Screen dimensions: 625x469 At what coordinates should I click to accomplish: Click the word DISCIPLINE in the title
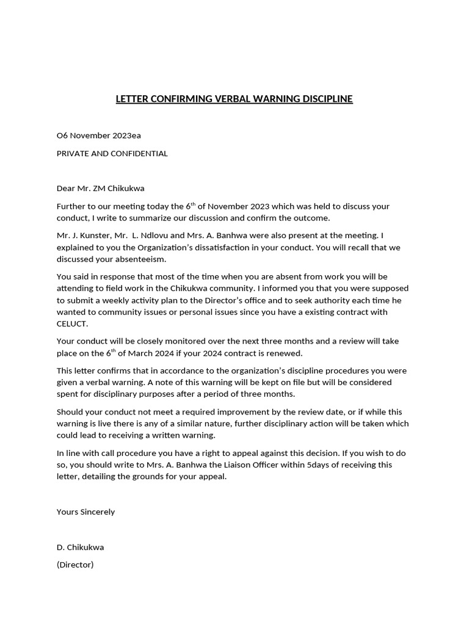(324, 99)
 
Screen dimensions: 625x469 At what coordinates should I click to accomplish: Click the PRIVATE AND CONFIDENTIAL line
(112, 153)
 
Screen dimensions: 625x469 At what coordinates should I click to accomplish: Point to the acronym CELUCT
(73, 323)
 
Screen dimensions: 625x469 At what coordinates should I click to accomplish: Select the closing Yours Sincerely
(85, 511)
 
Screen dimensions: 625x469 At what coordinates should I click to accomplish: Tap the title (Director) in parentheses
(75, 565)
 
